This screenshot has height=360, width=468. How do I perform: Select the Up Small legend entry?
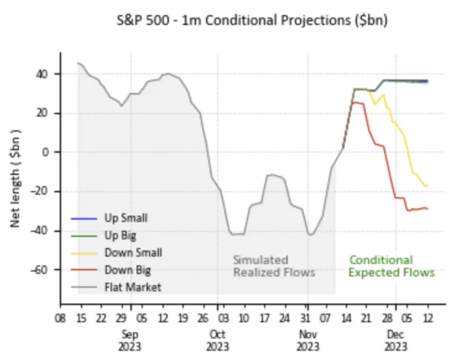[x=126, y=219]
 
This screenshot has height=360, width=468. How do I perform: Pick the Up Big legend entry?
[x=120, y=235]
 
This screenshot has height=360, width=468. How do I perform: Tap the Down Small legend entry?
[x=133, y=252]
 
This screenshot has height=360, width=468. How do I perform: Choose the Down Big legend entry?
[x=127, y=270]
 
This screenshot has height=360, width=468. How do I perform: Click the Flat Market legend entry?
[x=132, y=287]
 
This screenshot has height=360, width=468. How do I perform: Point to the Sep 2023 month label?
[x=130, y=341]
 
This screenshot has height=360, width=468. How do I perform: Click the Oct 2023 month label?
[x=217, y=341]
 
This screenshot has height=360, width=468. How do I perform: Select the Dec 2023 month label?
[x=396, y=341]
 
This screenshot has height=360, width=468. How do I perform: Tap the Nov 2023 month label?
[x=308, y=341]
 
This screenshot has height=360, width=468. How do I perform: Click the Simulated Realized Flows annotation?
[x=274, y=266]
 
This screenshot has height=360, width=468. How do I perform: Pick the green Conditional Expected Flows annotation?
[x=391, y=266]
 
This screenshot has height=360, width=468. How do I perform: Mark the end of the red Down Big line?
[x=427, y=208]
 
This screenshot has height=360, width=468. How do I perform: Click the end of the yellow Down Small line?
[x=427, y=185]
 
